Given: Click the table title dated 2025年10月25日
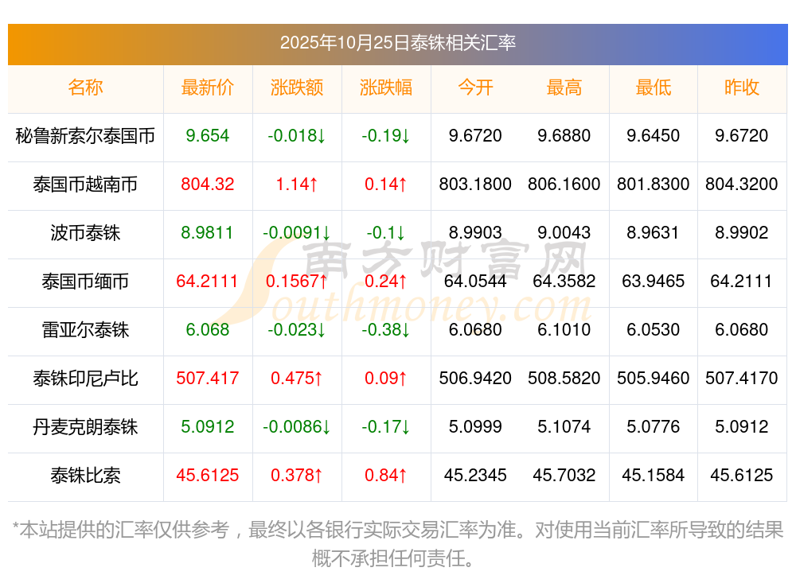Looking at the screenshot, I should (397, 42).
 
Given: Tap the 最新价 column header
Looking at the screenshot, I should (207, 87).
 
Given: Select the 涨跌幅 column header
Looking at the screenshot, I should (386, 87).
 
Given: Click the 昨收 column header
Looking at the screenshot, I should (741, 87).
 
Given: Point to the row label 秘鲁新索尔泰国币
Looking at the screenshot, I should (85, 136).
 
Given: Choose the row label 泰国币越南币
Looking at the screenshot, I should (85, 185).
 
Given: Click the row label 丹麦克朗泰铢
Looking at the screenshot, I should (85, 427).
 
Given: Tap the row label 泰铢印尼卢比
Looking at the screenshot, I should (85, 379).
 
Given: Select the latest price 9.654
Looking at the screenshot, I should (207, 136).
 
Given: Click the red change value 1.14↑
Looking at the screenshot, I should (297, 185).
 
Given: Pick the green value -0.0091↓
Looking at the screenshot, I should (297, 233).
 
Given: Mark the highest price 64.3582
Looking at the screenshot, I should (564, 282).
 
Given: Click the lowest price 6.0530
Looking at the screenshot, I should (653, 330).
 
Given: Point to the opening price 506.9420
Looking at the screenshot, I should (475, 379).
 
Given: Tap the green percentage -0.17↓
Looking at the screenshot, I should (386, 427).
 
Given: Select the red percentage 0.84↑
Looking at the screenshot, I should (386, 476).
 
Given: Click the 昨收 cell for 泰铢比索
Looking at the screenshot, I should (741, 476).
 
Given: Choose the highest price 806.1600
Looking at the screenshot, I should (564, 185).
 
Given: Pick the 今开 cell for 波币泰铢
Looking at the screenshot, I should (475, 233).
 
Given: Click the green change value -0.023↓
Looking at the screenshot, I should (297, 330).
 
